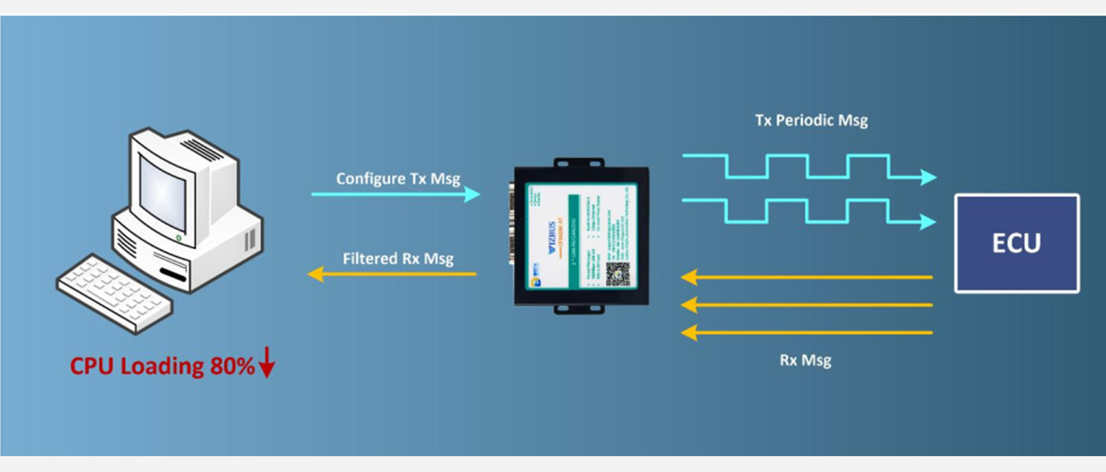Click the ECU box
tap(1016, 244)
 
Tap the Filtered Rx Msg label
tap(398, 259)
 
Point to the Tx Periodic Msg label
tap(811, 121)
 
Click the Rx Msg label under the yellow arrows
tap(805, 361)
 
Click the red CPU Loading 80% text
tap(162, 366)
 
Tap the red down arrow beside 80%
tap(267, 364)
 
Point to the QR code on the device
tap(618, 273)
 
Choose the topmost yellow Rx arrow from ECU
tap(806, 278)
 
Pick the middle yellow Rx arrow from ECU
tap(806, 304)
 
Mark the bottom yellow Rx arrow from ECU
tap(806, 333)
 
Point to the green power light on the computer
tap(179, 237)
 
